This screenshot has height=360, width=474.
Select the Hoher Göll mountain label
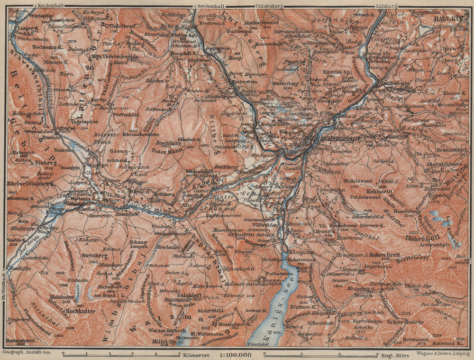417,239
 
